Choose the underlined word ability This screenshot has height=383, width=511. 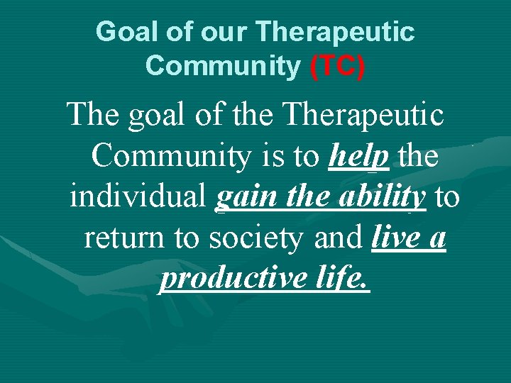click(x=382, y=198)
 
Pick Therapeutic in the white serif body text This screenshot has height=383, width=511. click(x=361, y=116)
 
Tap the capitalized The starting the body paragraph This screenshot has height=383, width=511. click(x=93, y=116)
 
